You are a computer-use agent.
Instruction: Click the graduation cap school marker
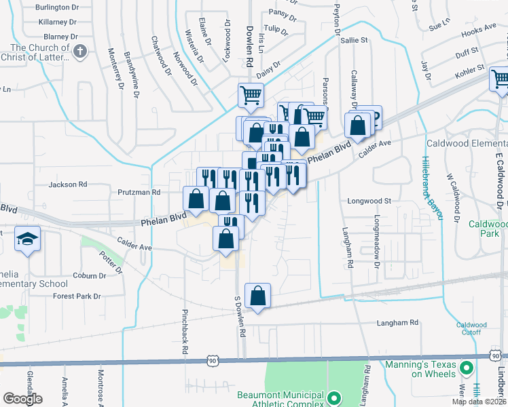tap(28, 238)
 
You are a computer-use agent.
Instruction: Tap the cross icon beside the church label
tap(80, 52)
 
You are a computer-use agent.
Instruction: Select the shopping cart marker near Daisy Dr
tap(251, 96)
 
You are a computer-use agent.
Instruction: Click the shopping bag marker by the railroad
tap(257, 296)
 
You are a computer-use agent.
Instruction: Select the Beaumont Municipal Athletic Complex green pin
tap(333, 398)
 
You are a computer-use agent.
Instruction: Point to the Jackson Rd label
tap(68, 184)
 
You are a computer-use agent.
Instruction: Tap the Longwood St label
tap(369, 201)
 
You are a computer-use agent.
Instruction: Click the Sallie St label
tap(354, 41)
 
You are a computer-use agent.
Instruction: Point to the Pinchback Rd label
tap(184, 332)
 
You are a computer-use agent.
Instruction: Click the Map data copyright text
tap(478, 401)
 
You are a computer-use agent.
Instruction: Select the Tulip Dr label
tap(276, 28)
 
